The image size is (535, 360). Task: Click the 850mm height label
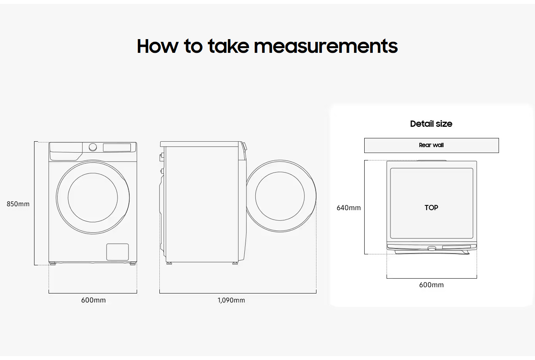tap(18, 204)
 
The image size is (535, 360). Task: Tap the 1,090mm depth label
tap(231, 300)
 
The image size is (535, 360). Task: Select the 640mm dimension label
tap(349, 208)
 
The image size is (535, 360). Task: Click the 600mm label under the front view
tap(93, 300)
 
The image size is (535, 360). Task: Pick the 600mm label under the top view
tap(431, 285)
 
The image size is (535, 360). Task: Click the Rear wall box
tap(431, 145)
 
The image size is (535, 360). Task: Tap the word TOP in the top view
tap(431, 208)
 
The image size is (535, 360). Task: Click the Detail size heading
tap(431, 124)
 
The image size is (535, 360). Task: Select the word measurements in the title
tap(325, 46)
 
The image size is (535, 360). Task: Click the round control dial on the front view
tap(93, 147)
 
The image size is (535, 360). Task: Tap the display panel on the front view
tap(117, 148)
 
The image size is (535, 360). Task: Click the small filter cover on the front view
tap(117, 252)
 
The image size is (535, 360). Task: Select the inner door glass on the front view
tap(93, 197)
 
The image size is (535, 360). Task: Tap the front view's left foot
tap(52, 263)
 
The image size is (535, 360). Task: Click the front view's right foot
tap(133, 263)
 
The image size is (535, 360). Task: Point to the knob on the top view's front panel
tap(431, 248)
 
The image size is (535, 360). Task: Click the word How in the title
tap(157, 46)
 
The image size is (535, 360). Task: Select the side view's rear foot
tap(169, 263)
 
